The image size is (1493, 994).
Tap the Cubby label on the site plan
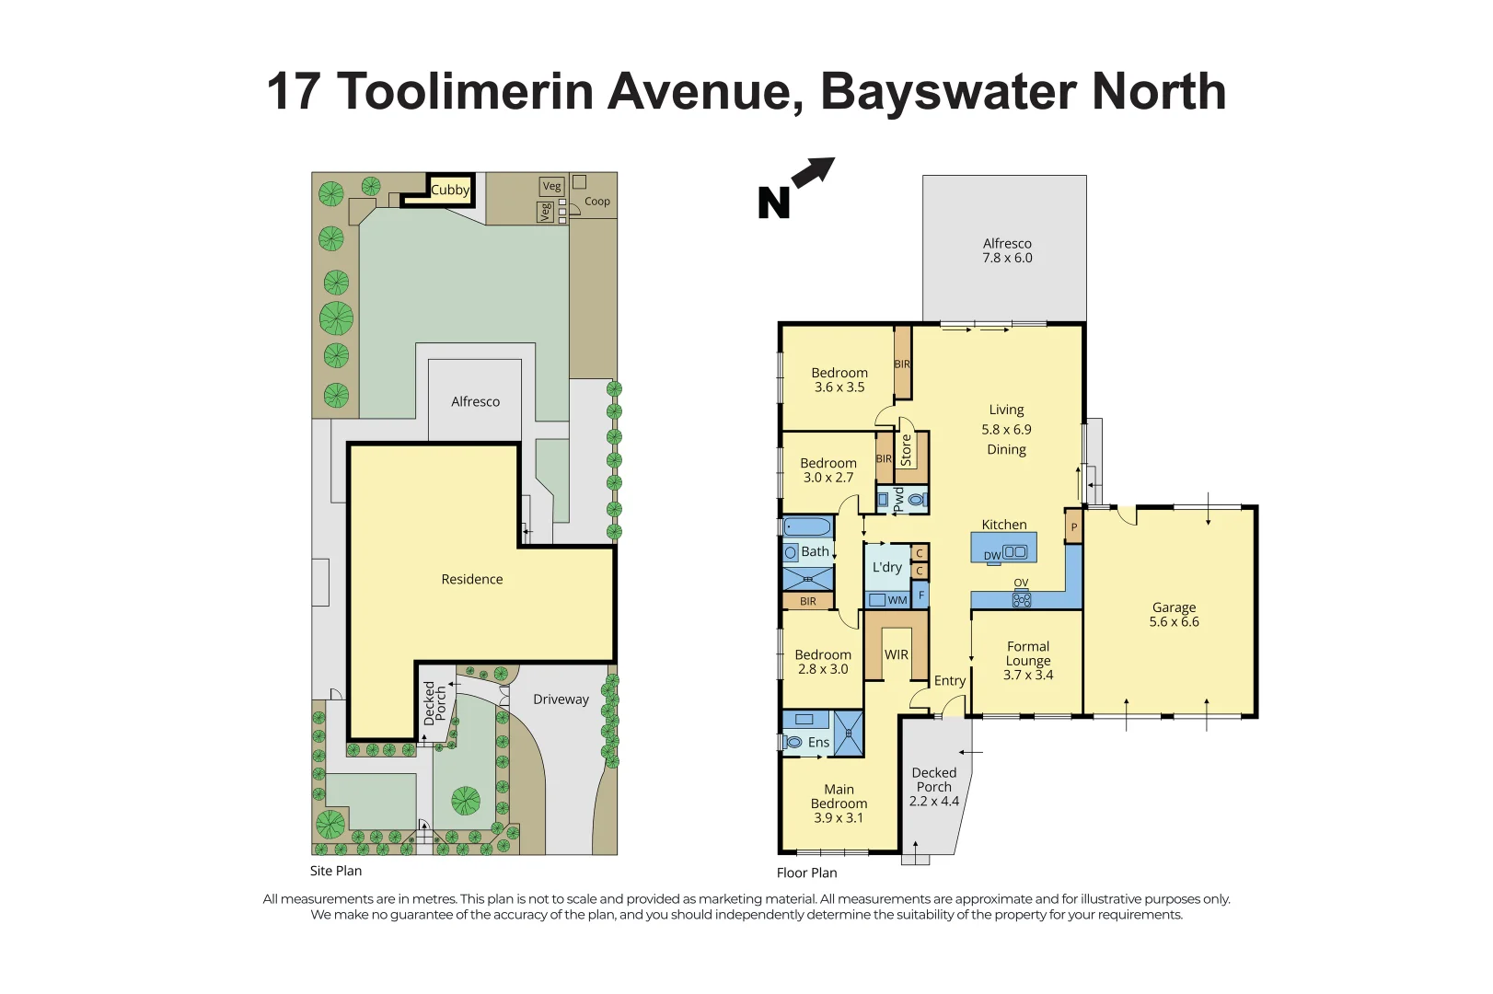(x=449, y=191)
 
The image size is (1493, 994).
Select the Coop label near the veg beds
(x=596, y=202)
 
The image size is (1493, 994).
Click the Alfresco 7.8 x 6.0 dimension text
(x=1007, y=251)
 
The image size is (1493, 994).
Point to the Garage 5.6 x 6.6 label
(x=1174, y=615)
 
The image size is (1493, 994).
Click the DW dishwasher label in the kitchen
(x=991, y=556)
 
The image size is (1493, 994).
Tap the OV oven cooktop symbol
(x=1022, y=599)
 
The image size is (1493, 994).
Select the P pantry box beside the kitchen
(x=1073, y=527)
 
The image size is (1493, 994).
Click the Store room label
(x=906, y=450)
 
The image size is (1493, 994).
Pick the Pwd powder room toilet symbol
(x=915, y=500)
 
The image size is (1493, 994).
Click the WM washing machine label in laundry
(x=897, y=600)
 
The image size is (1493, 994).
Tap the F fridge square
(x=920, y=595)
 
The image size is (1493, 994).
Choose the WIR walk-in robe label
(x=896, y=655)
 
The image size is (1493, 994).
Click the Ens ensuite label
(x=818, y=743)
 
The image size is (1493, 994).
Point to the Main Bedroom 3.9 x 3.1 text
(x=839, y=803)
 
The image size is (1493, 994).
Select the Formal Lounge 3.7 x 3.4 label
(x=1028, y=661)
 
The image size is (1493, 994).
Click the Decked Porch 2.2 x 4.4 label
(x=933, y=787)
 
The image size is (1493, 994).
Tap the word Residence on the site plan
(x=471, y=580)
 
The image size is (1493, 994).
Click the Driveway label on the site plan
(x=561, y=699)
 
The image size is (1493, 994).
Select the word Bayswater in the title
(x=947, y=92)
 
